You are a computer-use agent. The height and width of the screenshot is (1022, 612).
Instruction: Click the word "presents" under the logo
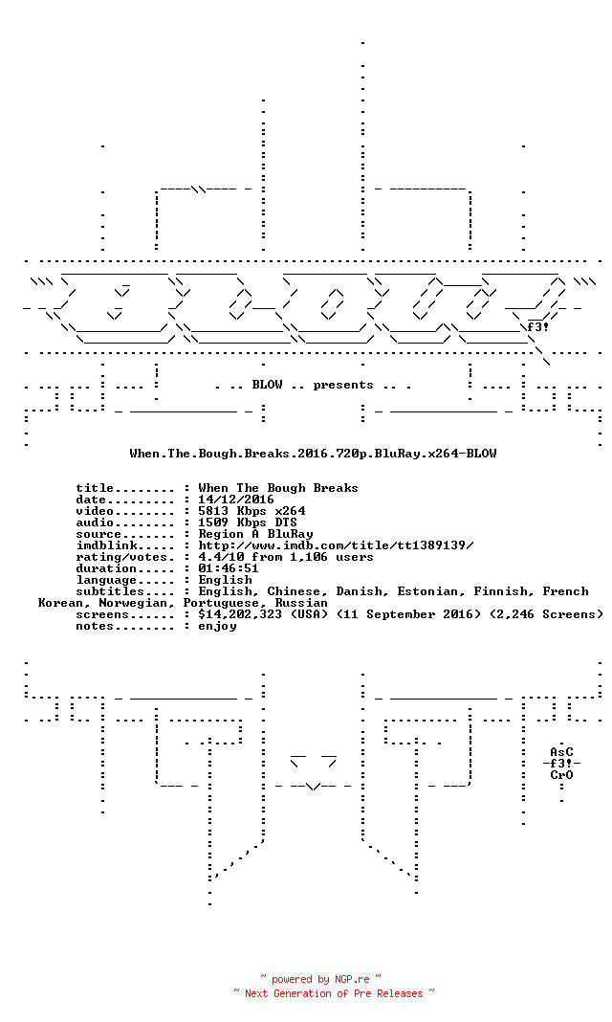[343, 386]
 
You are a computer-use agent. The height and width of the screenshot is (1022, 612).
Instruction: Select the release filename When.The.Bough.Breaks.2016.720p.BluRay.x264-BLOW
[313, 454]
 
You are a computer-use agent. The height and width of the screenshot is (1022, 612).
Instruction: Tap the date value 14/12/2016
[236, 500]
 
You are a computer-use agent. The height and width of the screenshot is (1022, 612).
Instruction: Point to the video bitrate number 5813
[213, 511]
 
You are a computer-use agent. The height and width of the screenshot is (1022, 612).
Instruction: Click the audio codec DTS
[286, 522]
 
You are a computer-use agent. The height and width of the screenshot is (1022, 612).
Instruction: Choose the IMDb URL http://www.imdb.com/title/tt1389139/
[336, 545]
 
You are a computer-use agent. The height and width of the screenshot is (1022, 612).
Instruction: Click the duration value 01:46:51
[229, 568]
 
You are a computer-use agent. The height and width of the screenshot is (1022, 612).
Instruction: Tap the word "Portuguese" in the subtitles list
[221, 604]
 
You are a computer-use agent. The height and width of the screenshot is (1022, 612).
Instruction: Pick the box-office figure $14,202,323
[240, 614]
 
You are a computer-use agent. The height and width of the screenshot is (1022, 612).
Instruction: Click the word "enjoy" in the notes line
[217, 627]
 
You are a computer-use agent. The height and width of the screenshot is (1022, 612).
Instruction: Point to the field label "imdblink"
[107, 545]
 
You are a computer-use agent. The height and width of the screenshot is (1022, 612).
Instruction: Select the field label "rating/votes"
[121, 557]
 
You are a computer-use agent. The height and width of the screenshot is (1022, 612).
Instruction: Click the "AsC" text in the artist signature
[561, 752]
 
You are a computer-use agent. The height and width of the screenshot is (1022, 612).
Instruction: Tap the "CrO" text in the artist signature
[561, 775]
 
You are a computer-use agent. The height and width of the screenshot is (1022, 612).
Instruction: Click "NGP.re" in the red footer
[352, 980]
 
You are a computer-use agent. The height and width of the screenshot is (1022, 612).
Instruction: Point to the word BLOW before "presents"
[267, 386]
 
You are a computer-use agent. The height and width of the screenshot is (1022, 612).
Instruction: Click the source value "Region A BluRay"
[256, 535]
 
